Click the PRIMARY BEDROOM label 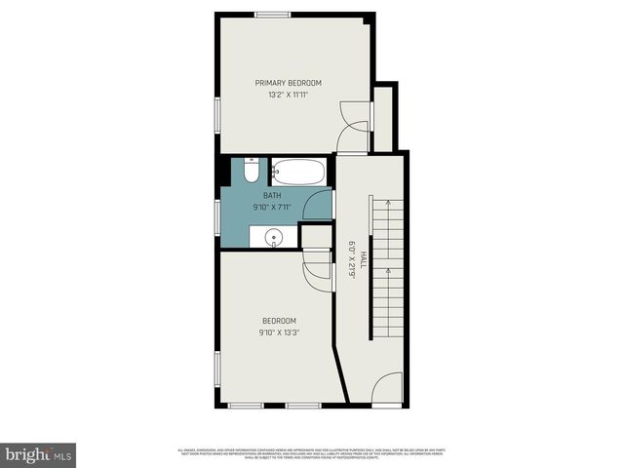pyautogui.click(x=289, y=83)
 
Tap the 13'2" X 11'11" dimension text pyautogui.click(x=289, y=95)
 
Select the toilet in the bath pyautogui.click(x=251, y=172)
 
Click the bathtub pyautogui.click(x=299, y=172)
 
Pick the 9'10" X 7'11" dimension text pyautogui.click(x=271, y=207)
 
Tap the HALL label pyautogui.click(x=363, y=258)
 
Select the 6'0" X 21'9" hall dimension pyautogui.click(x=351, y=258)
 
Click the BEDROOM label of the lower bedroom pyautogui.click(x=279, y=321)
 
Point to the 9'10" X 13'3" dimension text pyautogui.click(x=279, y=332)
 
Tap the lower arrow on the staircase pyautogui.click(x=388, y=270)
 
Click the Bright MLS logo pyautogui.click(x=39, y=454)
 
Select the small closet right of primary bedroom pyautogui.click(x=383, y=119)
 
